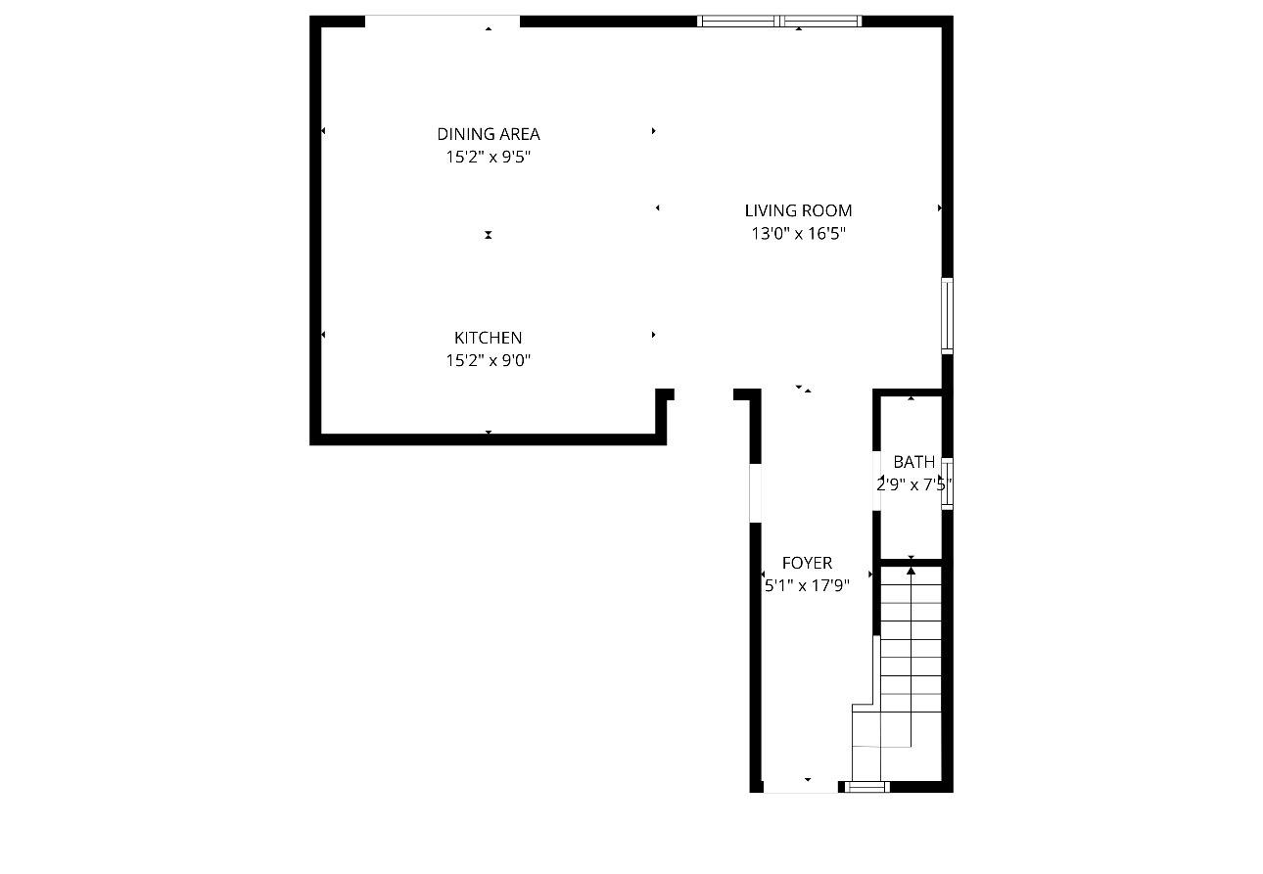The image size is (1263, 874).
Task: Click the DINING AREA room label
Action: (489, 134)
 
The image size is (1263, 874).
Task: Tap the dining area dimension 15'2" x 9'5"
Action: (489, 157)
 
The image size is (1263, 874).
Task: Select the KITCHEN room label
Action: (489, 338)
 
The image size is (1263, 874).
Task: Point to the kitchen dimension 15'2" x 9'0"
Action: (489, 360)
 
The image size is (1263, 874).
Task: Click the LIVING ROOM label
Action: (798, 210)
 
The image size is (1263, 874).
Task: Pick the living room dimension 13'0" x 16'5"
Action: (798, 233)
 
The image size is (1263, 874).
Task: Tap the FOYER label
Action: (807, 563)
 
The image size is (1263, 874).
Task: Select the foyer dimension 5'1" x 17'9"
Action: (807, 586)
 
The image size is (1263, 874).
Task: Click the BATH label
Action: (914, 462)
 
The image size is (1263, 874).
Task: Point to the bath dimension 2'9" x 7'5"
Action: (914, 484)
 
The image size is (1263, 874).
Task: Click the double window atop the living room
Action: (779, 22)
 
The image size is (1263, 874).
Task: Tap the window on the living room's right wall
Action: (948, 316)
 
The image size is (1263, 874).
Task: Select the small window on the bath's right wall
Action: (948, 484)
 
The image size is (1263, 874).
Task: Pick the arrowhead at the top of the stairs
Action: (911, 571)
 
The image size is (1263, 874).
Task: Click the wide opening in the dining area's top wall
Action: (443, 22)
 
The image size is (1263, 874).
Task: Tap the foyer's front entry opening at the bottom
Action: (801, 787)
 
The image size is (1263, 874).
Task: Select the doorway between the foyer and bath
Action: (877, 481)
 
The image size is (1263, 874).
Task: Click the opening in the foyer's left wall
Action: (756, 493)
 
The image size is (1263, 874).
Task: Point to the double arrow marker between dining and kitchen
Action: (489, 235)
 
